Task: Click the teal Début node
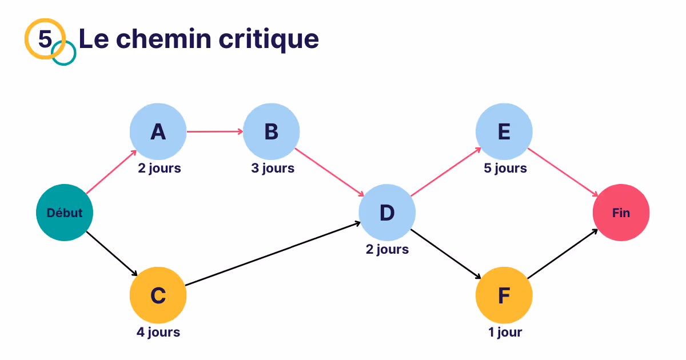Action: pos(65,213)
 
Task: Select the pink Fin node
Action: pos(621,213)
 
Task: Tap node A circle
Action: pos(158,132)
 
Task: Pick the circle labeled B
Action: pos(271,132)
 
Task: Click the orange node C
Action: pos(158,295)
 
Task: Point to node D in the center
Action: pos(387,213)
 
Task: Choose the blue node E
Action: pos(504,132)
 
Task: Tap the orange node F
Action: pos(504,295)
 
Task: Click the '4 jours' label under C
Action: pos(158,332)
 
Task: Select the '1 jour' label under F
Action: pos(505,332)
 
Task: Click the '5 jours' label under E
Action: pos(505,169)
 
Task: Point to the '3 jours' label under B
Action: pos(272,169)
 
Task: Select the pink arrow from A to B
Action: pos(214,132)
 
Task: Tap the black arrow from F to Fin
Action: pos(562,254)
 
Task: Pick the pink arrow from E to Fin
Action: pos(562,171)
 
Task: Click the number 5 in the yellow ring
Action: pos(45,39)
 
